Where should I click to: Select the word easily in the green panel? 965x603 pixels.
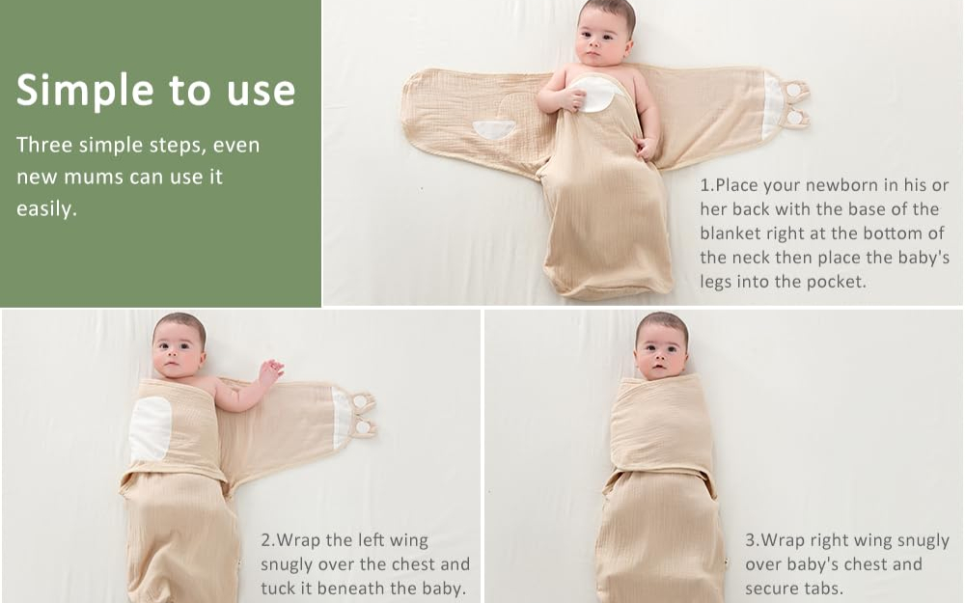pyautogui.click(x=44, y=209)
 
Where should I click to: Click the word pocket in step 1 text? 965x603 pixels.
pyautogui.click(x=843, y=282)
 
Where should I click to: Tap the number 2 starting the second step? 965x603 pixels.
pyautogui.click(x=265, y=541)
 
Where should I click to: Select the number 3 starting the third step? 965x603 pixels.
pyautogui.click(x=750, y=541)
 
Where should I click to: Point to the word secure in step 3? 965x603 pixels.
pyautogui.click(x=772, y=588)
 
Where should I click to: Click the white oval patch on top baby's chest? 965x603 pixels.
pyautogui.click(x=595, y=94)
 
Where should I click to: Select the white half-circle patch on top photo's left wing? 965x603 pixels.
pyautogui.click(x=494, y=128)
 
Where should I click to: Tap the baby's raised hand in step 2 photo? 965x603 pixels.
pyautogui.click(x=270, y=370)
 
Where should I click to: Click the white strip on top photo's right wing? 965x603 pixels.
pyautogui.click(x=772, y=104)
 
